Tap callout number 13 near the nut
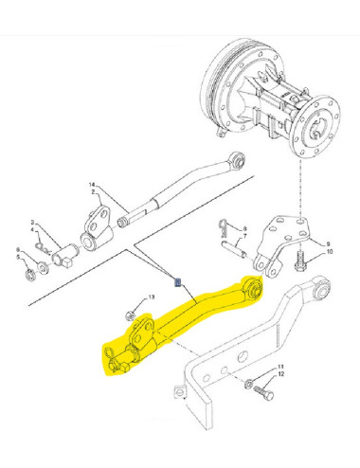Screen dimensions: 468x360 (x=150, y=297)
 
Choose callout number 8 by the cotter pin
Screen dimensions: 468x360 (x=243, y=229)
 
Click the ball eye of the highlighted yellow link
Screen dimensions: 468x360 (x=253, y=287)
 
